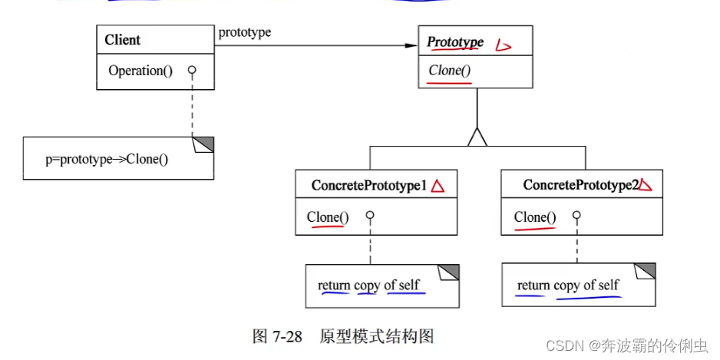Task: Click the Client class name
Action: click(123, 40)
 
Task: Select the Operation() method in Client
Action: click(140, 71)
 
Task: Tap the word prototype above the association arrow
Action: click(245, 32)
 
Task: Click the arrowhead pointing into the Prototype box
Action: click(411, 45)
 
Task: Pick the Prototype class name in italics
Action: click(455, 42)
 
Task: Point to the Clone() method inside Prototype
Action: click(450, 71)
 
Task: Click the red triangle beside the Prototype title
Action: click(503, 45)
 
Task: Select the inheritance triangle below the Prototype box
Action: click(477, 137)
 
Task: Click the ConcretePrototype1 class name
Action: click(369, 185)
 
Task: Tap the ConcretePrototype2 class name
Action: click(580, 185)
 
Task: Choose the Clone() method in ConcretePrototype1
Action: click(328, 217)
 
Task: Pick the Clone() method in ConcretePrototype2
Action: click(535, 217)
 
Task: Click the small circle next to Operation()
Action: click(192, 70)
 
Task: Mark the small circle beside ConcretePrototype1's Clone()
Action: click(369, 216)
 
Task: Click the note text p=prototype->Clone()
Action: click(107, 160)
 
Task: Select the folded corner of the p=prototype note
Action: click(205, 144)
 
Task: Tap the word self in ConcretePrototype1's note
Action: click(409, 285)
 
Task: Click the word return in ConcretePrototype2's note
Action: click(533, 285)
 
